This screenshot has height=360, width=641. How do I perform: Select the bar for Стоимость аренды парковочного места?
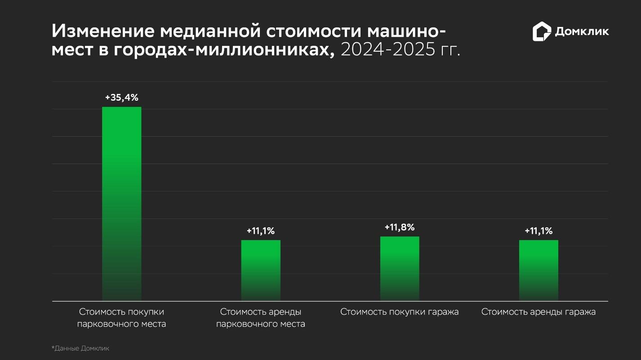point(261,270)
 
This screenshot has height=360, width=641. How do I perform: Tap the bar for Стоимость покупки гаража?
point(400,268)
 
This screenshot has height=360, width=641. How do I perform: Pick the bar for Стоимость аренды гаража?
point(539,270)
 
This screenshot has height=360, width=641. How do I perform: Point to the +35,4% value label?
point(121,98)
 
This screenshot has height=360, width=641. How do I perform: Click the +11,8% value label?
point(400,227)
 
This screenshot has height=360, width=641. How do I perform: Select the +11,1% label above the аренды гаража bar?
point(539,231)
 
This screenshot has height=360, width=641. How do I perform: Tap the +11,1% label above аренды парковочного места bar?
point(261,231)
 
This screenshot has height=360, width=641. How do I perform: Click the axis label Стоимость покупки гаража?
point(400,312)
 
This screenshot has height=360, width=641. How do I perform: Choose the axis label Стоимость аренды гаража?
point(539,312)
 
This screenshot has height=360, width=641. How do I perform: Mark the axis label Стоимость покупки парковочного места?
point(121,318)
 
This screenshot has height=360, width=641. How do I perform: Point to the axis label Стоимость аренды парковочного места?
point(261,318)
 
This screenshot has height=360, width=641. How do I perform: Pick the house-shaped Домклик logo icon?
point(542,31)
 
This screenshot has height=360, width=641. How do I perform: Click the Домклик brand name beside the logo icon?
point(582,31)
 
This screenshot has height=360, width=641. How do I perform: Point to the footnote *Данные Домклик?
point(80,348)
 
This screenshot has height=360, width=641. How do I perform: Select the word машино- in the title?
point(407,31)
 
